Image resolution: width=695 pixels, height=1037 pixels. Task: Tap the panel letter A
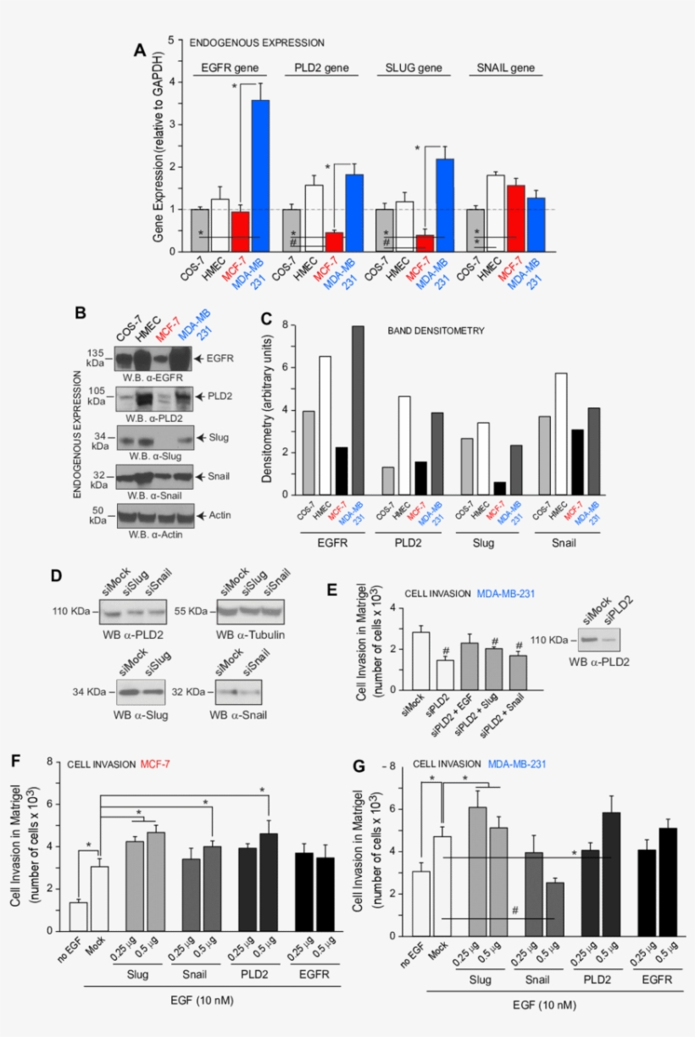pyautogui.click(x=141, y=51)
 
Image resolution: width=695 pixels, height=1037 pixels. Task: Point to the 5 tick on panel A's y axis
pyautogui.click(x=172, y=40)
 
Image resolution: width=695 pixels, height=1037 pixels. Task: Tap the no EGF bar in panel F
pyautogui.click(x=78, y=918)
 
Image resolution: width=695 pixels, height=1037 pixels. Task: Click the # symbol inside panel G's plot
pyautogui.click(x=514, y=910)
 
